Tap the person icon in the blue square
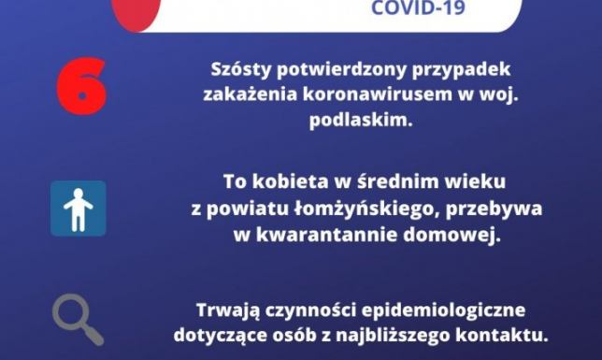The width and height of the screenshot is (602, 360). [x=78, y=209]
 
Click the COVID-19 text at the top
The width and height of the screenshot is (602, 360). [x=416, y=9]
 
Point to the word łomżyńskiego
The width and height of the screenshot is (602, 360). [x=349, y=207]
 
